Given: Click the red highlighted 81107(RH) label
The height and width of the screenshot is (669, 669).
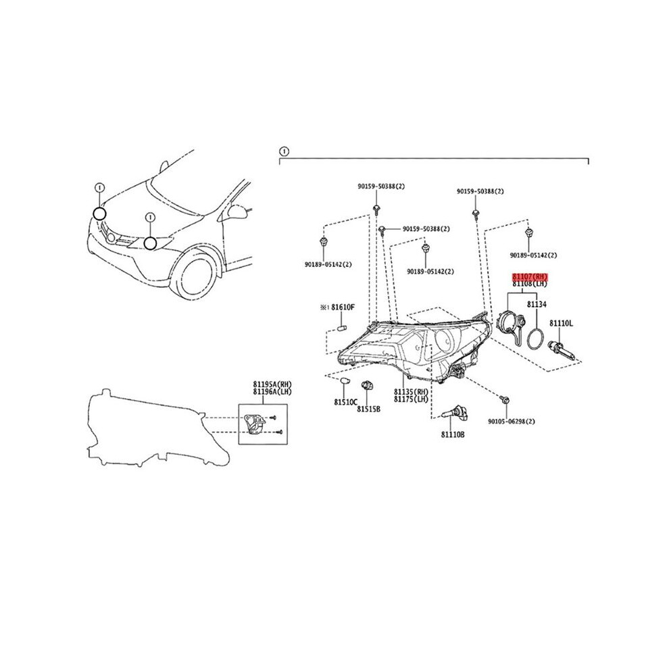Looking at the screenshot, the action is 530,276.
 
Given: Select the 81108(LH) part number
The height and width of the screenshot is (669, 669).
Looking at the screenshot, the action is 530,284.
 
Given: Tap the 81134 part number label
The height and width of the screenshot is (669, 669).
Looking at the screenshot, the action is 537,305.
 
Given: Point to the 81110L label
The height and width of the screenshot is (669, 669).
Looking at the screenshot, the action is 561,324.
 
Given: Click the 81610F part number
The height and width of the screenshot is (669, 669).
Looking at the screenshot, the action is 343,307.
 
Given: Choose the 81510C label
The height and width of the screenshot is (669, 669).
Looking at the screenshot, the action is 345,402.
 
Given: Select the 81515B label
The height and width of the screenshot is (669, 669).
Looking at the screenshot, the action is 369,409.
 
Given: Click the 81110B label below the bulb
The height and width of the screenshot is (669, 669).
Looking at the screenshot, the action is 453,435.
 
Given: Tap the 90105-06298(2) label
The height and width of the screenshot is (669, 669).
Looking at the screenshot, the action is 512,422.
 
